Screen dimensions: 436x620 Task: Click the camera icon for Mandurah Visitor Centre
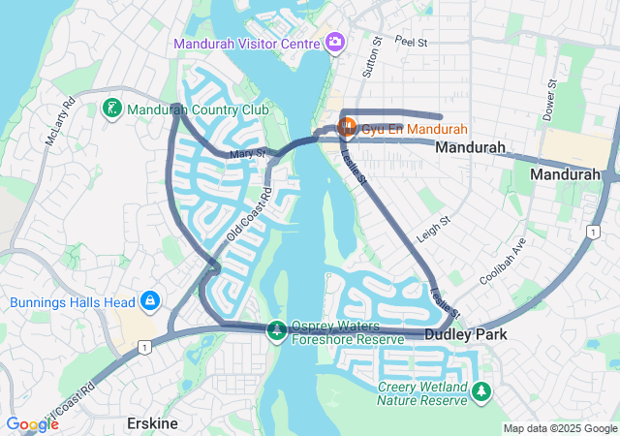tap(335, 42)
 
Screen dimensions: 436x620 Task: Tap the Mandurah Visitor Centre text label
tap(247, 44)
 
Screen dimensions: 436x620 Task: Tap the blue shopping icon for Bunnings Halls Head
tap(150, 301)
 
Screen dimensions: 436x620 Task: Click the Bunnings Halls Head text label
tap(73, 302)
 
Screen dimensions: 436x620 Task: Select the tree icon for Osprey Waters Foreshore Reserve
tap(277, 331)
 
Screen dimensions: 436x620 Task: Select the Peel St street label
tap(411, 43)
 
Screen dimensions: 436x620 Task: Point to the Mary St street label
tap(248, 154)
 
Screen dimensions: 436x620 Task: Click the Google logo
tap(32, 423)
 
